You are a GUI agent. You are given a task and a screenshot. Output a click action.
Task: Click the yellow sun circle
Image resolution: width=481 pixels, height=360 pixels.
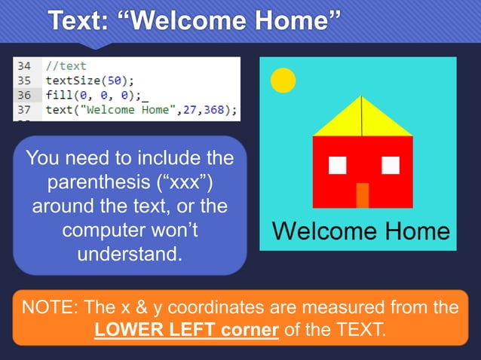283,81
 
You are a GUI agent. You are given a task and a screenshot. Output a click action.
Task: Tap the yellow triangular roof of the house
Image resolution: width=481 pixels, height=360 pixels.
363,121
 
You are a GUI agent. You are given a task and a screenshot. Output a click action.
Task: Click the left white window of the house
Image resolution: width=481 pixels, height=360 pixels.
338,164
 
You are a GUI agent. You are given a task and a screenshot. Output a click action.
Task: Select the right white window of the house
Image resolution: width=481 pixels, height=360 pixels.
390,164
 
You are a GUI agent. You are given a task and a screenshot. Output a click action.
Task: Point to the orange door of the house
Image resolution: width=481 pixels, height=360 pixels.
363,195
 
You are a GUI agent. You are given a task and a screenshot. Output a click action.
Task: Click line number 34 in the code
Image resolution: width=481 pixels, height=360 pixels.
24,66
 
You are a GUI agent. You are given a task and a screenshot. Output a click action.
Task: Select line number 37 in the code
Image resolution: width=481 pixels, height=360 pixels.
24,110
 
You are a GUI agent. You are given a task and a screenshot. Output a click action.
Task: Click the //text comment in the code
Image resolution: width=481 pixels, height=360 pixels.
66,66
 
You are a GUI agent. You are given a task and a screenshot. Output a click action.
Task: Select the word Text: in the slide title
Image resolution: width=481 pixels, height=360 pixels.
78,20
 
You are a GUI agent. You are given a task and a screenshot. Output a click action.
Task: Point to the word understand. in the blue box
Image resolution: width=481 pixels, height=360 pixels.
130,252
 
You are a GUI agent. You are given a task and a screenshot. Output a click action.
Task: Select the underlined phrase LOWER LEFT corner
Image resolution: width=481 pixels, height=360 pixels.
187,330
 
